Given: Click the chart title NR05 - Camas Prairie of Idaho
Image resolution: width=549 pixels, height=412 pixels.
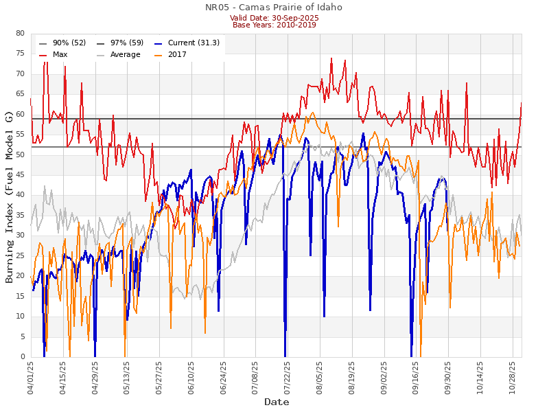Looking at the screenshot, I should tap(274, 8).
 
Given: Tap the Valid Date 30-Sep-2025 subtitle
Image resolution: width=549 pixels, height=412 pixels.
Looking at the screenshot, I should tap(274, 17).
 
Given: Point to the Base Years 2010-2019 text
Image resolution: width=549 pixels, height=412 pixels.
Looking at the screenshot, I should tap(274, 25).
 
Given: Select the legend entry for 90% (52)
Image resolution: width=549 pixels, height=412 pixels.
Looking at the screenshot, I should tap(69, 43).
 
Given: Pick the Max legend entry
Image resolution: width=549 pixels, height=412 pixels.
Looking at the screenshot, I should tap(60, 54).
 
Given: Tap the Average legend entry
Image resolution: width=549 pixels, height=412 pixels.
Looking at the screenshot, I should tap(124, 54).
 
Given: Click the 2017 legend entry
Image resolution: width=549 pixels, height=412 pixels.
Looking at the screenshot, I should tap(177, 54).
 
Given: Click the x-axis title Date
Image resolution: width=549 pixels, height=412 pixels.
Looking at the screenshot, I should tap(277, 402).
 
